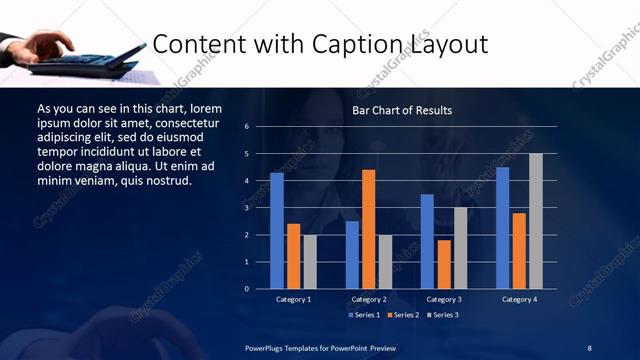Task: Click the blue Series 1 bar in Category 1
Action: point(277,231)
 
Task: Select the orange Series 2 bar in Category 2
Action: point(369,229)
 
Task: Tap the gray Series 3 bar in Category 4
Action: point(536,221)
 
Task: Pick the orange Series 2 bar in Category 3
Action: point(444,264)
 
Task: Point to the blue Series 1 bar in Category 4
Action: point(502,228)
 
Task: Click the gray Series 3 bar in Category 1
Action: point(310,262)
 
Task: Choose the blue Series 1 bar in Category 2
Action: point(352,255)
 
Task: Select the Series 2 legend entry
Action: point(403,315)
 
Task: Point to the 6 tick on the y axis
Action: point(261,127)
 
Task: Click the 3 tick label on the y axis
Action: point(261,208)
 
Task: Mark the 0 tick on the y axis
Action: point(261,289)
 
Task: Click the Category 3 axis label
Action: point(444,299)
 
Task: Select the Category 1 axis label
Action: point(294,299)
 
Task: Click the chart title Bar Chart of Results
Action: point(403,110)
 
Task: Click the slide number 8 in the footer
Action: point(589,347)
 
